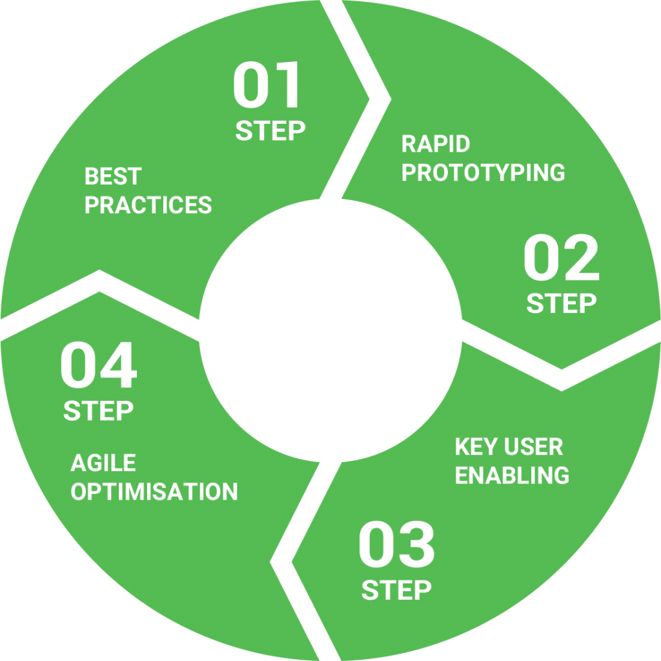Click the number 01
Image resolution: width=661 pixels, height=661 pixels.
[x=267, y=86]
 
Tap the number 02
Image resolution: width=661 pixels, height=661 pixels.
[x=561, y=259]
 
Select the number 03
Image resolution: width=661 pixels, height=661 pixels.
[x=396, y=545]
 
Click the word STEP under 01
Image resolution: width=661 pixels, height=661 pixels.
[x=270, y=131]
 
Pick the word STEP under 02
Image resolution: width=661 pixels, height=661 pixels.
[x=561, y=303]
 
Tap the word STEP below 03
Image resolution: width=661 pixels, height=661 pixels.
[x=396, y=590]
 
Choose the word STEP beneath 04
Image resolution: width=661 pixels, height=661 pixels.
[x=99, y=411]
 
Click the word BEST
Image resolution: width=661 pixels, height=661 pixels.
[x=113, y=176]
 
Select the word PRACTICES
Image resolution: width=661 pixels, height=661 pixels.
[x=148, y=205]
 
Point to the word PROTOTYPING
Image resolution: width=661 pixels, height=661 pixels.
[x=483, y=173]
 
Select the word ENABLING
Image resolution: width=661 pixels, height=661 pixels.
[x=512, y=476]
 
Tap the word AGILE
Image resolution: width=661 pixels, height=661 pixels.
[x=103, y=463]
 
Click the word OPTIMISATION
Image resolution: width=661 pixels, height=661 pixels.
[x=154, y=492]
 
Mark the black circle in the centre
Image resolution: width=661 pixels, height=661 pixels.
[x=330, y=330]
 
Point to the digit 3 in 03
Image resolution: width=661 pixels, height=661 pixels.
[x=416, y=545]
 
